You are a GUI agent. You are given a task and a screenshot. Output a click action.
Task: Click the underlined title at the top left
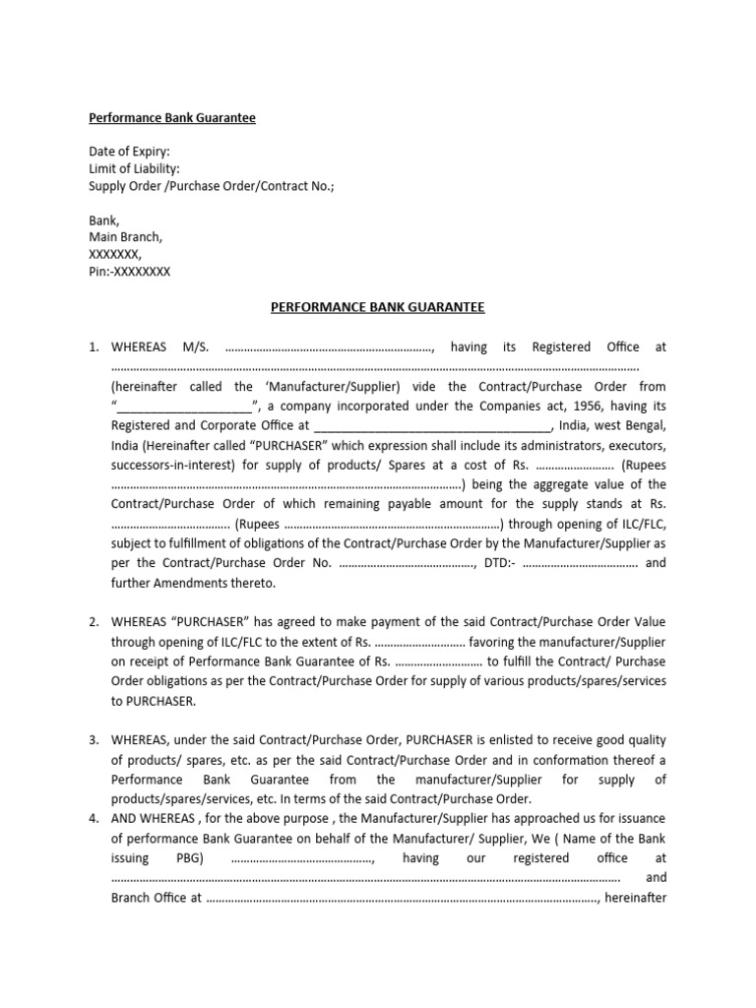pos(172,118)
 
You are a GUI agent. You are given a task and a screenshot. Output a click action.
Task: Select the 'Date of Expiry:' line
pos(129,153)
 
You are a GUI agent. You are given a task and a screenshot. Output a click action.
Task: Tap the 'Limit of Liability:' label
pos(135,169)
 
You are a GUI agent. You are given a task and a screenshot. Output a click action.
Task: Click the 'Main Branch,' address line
pos(126,237)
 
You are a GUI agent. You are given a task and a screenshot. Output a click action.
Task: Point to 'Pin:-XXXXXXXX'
pos(130,272)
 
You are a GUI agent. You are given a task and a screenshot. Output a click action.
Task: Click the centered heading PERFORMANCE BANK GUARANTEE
pos(378,307)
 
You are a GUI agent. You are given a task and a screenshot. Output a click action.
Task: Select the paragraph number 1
pos(94,346)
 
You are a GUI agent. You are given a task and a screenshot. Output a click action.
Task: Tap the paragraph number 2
pos(94,622)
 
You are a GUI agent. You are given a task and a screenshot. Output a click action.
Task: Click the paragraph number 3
pos(94,740)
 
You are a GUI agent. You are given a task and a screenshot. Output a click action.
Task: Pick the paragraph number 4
pos(94,819)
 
